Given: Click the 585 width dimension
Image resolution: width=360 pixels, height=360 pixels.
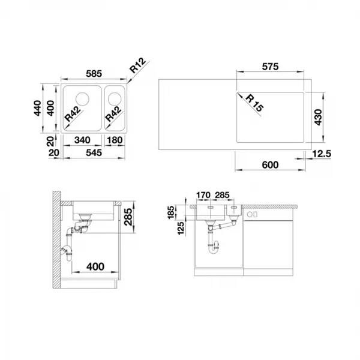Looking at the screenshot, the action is tap(94, 74).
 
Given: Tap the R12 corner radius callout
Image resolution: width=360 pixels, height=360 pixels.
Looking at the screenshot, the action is tap(137, 65).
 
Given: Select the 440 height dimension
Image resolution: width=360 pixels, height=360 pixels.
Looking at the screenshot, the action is tap(37, 108).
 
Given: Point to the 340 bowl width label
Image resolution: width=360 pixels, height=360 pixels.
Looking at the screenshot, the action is tap(82, 140).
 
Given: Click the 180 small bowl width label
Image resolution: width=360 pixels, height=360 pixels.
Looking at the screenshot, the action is tap(115, 140).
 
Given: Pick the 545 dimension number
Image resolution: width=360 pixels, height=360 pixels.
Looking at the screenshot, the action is tap(94, 152).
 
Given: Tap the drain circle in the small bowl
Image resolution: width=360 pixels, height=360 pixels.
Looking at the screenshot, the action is tap(115, 98).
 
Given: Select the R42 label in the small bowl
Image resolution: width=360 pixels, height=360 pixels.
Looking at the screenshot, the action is tap(113, 114).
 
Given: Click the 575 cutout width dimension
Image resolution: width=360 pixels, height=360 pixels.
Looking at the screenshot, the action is tap(270, 67).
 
